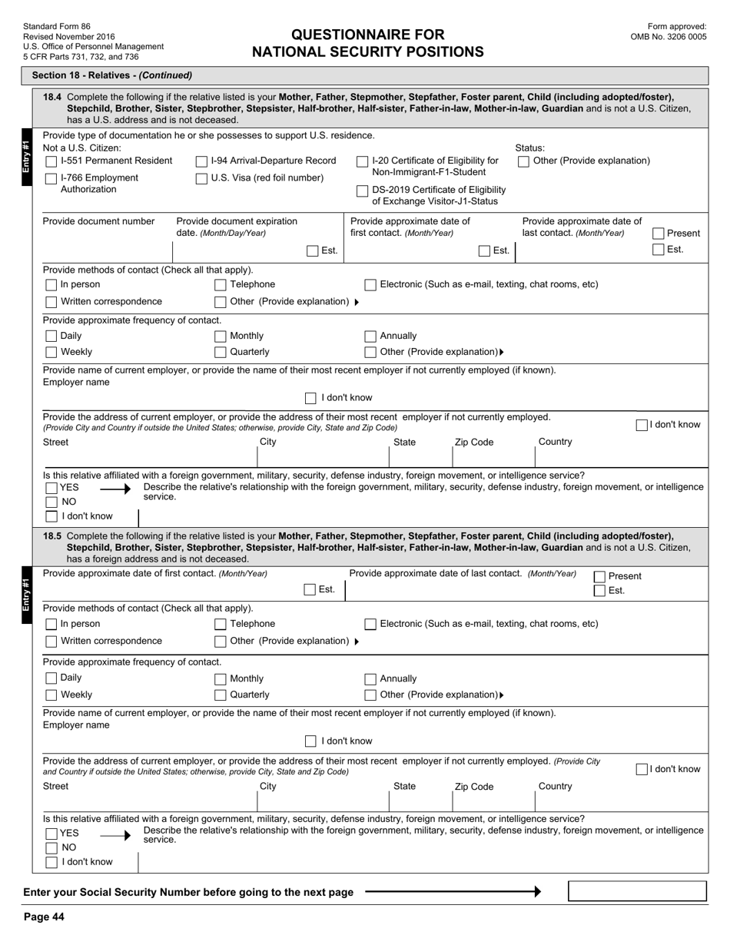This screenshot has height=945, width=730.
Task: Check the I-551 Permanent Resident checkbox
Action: point(51,161)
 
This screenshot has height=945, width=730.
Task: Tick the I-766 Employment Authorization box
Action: point(51,178)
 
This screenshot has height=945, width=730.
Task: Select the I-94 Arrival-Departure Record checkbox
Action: point(201,161)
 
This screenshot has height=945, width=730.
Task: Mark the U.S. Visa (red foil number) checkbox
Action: point(201,178)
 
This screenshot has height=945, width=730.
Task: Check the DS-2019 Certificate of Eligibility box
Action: point(363,191)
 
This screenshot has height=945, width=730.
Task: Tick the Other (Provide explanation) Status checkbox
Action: point(523,161)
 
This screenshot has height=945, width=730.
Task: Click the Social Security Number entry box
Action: point(637,891)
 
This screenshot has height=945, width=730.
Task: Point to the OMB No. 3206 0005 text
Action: point(669,36)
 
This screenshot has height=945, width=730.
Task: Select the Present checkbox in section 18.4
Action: point(659,234)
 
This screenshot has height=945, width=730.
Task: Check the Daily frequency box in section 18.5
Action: point(51,678)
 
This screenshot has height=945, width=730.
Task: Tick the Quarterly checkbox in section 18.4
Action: point(221,352)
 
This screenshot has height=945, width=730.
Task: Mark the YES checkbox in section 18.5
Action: point(51,834)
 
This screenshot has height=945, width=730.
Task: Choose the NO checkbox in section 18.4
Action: point(51,502)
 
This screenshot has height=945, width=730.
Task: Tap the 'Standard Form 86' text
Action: point(56,26)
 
